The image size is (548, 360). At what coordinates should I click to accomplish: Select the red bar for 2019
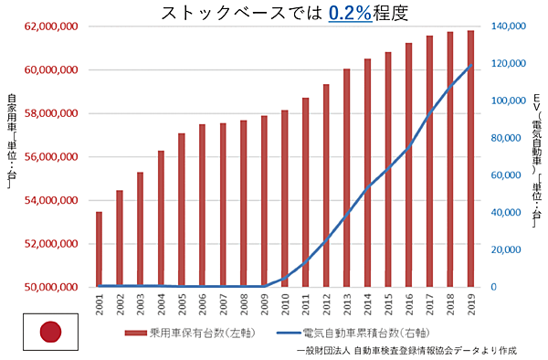pos(471,159)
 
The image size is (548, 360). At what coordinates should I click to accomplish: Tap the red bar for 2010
pos(285,198)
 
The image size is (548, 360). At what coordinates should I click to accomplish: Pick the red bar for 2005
pos(182,210)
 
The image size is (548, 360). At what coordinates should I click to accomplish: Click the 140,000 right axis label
pos(505,26)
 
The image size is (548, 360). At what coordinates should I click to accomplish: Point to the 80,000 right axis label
pos(508,138)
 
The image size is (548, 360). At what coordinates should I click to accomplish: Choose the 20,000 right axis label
pos(508,249)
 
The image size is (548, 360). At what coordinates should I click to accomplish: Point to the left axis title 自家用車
pos(11,142)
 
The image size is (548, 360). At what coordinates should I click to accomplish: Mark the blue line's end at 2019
pos(471,65)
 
